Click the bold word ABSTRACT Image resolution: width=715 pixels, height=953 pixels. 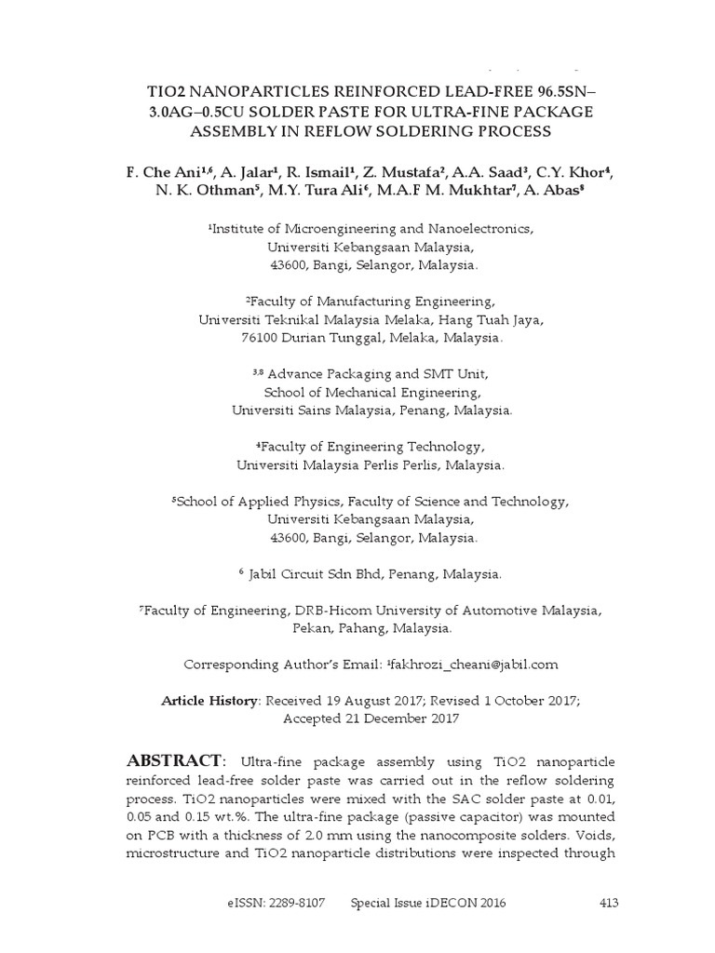coord(174,760)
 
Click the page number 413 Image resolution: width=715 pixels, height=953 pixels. coord(606,903)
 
